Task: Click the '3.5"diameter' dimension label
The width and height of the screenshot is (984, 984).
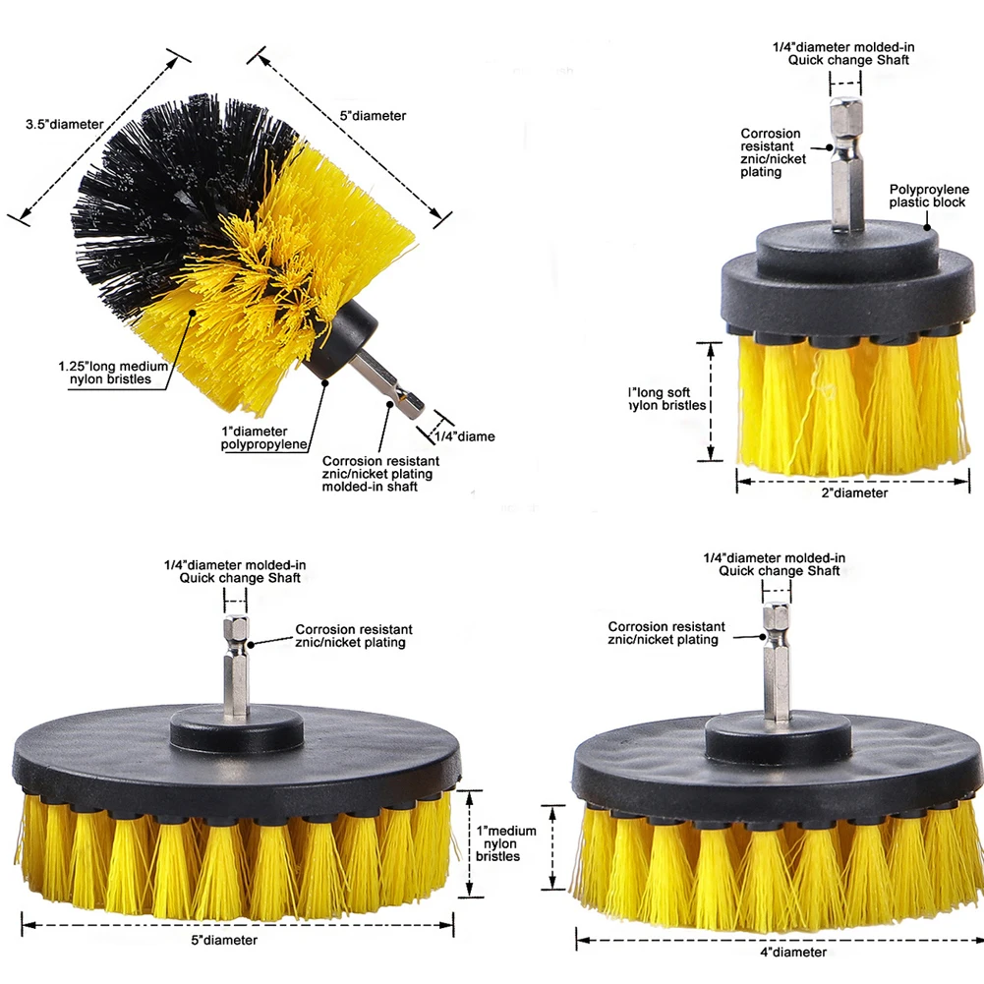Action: coord(65,124)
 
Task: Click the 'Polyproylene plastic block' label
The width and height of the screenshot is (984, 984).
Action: coord(927,196)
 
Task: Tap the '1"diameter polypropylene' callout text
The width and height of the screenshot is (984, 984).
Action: coord(263,438)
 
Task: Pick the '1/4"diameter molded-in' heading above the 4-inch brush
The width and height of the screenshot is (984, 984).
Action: coord(775,557)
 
